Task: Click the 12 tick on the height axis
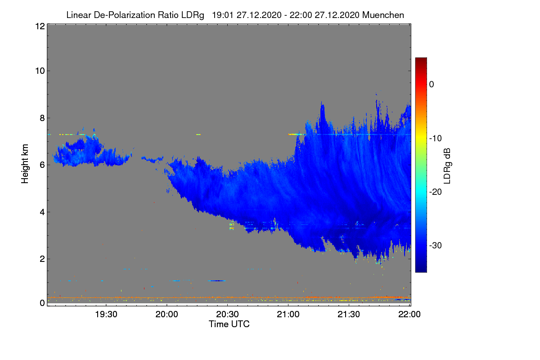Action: coord(39,26)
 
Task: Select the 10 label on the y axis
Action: coord(39,71)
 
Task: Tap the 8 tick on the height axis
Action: coord(42,118)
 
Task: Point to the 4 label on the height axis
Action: coord(42,212)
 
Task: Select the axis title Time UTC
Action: coord(229,324)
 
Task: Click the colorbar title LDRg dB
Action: coord(447,166)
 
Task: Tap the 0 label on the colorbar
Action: coord(432,84)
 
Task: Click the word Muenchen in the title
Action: coord(383,15)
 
